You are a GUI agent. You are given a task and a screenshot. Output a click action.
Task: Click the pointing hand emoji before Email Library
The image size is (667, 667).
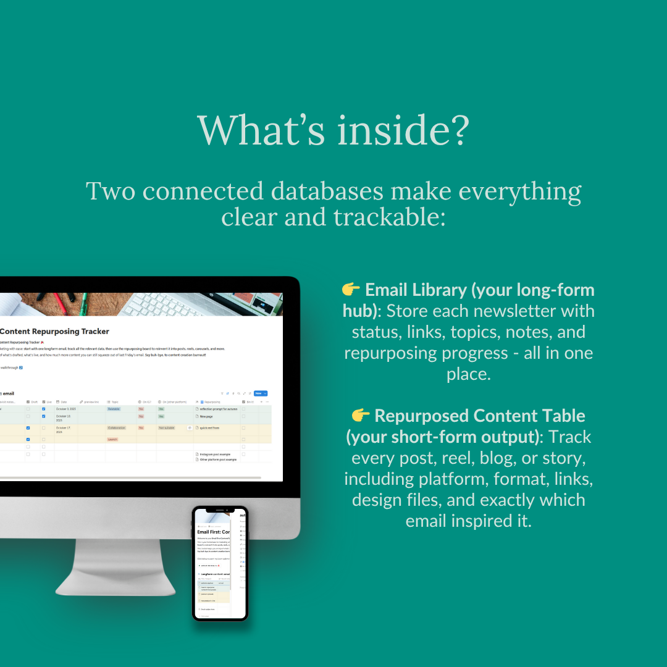point(351,290)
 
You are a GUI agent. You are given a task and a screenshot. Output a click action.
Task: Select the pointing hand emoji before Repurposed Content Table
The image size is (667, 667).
point(361,416)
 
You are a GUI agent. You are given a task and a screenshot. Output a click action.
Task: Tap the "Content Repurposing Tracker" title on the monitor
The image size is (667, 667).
point(54,332)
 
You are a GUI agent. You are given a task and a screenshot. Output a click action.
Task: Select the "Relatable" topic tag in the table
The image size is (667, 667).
point(114,409)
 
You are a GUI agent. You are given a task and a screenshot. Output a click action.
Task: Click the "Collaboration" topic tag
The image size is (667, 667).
point(117,427)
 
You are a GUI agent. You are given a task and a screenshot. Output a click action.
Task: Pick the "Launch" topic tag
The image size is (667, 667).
point(112,439)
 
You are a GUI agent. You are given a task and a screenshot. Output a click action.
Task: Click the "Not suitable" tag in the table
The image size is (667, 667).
point(167,427)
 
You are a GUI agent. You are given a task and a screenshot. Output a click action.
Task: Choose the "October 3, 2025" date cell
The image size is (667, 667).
point(65,409)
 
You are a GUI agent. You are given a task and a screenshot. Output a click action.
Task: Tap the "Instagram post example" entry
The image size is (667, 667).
point(214,454)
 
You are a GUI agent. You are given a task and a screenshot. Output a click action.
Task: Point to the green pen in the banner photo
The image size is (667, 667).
point(83,304)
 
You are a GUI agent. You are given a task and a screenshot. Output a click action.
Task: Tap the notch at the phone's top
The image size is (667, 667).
point(220,508)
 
